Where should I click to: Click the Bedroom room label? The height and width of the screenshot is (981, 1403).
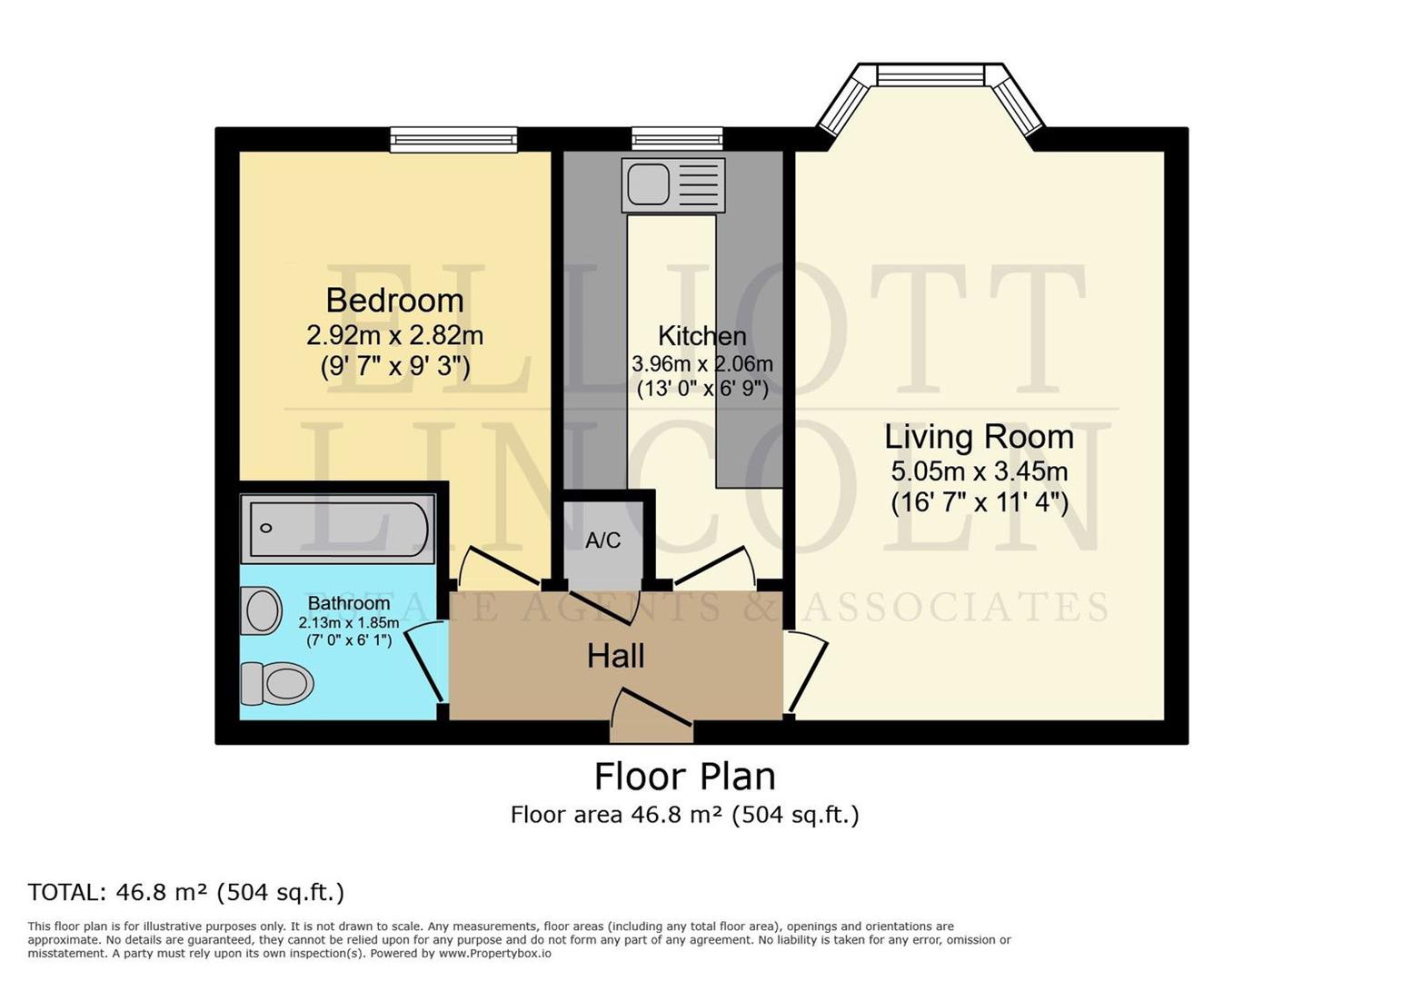click(394, 301)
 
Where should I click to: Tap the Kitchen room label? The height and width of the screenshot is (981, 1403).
click(701, 336)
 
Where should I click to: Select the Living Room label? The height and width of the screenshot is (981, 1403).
click(979, 437)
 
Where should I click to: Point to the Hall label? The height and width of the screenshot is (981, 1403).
click(615, 656)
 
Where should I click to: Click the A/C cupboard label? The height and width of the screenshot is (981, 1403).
click(602, 541)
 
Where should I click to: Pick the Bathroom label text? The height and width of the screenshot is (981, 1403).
click(349, 603)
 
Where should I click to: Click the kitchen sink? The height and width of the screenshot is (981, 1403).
click(673, 184)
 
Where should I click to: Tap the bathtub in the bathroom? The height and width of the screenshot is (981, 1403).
click(337, 528)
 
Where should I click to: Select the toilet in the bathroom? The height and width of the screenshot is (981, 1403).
click(276, 682)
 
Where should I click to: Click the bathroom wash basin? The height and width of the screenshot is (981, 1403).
click(262, 610)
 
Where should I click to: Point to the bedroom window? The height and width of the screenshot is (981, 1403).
click(453, 139)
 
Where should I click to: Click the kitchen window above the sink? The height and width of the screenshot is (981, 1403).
click(677, 139)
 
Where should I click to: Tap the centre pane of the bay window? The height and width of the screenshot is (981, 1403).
click(930, 75)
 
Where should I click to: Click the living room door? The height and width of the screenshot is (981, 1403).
click(807, 672)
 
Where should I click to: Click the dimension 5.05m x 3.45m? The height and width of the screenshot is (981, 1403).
click(979, 471)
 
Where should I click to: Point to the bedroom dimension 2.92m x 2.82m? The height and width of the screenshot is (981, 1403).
click(394, 336)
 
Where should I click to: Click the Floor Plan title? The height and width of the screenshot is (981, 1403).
click(684, 777)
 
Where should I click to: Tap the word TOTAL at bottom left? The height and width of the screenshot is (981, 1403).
click(66, 892)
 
